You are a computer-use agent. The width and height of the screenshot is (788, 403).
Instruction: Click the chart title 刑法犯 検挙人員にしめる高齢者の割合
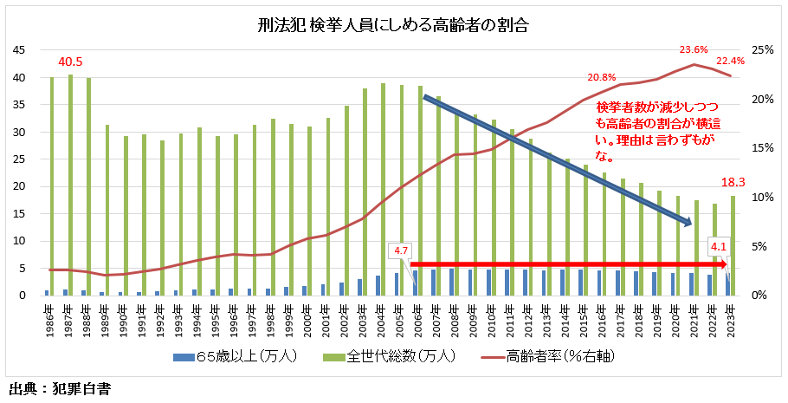coord(393,25)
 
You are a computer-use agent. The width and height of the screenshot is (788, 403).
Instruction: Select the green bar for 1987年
coord(71,186)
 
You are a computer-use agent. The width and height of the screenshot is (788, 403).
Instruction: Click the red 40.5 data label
coord(70,62)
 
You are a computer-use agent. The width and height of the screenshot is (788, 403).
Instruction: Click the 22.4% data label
coord(730,61)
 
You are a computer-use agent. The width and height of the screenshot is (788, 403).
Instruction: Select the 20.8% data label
coord(602,77)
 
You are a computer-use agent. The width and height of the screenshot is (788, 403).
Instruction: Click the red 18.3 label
coord(733,183)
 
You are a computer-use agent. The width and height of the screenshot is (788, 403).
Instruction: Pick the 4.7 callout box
coord(401,250)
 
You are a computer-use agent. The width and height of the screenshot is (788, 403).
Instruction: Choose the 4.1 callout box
coord(720,246)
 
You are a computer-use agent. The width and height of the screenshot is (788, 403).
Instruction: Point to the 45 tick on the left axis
coord(18,50)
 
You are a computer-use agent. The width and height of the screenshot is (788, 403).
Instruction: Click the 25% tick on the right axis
coord(762,50)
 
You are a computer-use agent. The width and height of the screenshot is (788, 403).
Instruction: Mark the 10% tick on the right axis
coord(762,198)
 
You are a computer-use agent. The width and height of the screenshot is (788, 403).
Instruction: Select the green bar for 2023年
coord(733,246)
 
